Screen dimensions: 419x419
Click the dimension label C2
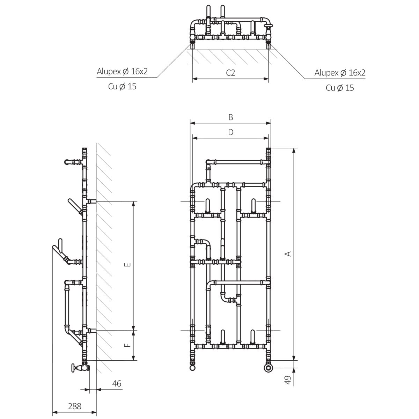point(230,73)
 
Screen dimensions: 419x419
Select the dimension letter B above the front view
point(231,117)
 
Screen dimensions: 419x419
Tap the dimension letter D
point(231,132)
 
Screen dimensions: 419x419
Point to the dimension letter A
point(288,253)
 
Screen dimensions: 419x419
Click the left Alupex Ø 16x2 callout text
point(122,71)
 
